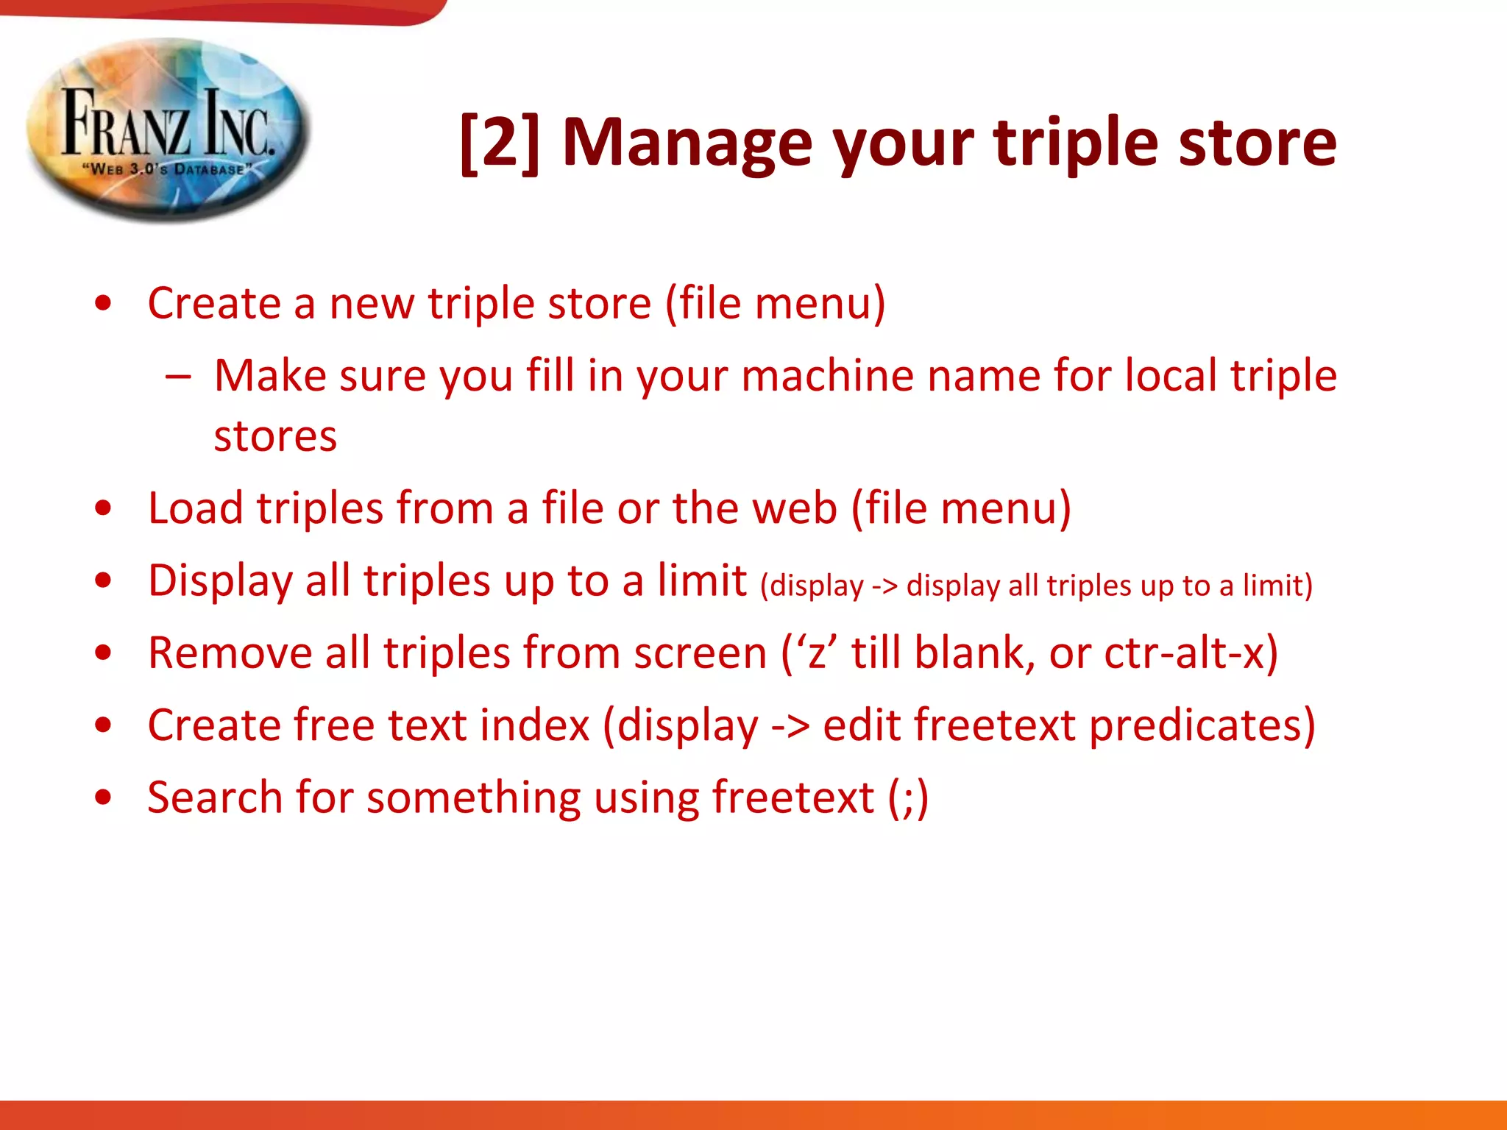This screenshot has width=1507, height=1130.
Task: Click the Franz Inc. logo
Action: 168,129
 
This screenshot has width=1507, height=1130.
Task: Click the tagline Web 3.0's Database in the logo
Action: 168,169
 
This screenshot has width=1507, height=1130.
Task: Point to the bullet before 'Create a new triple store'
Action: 104,304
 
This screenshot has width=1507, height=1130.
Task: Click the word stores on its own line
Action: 275,437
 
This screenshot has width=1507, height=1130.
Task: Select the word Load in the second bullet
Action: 195,508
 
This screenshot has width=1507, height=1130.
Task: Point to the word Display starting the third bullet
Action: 220,581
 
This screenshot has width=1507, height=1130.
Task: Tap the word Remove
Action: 230,653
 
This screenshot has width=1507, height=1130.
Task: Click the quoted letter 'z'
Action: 816,653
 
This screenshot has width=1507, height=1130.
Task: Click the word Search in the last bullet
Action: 214,797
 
